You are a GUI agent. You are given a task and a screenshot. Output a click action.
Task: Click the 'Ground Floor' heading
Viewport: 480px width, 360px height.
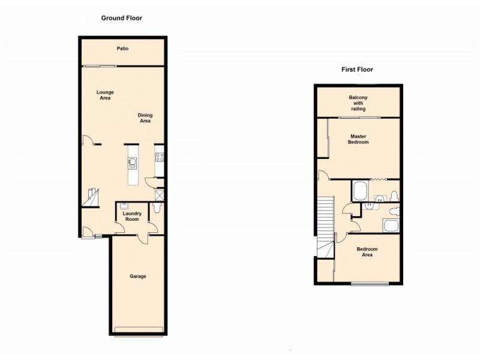(121, 18)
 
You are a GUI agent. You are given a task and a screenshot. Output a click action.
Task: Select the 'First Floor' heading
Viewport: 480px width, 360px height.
(357, 70)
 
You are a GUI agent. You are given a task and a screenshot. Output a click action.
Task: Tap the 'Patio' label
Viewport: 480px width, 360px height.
(122, 49)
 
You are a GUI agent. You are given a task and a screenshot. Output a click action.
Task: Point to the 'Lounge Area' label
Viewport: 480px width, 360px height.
(106, 95)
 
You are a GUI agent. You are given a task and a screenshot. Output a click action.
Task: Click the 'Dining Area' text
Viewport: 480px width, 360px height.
(145, 118)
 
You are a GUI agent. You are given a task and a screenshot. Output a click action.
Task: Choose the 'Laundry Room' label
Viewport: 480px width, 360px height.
(131, 216)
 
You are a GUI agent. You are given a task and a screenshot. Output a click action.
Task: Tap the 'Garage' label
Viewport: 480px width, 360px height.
(138, 277)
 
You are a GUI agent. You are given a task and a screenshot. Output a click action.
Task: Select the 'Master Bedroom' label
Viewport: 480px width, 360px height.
(359, 139)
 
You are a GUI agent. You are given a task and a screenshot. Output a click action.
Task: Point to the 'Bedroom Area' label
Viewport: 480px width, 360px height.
(367, 252)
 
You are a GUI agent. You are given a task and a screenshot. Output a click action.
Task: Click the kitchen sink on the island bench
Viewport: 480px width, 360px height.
(133, 162)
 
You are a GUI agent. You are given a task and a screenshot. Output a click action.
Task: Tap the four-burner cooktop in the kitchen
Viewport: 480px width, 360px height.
(160, 158)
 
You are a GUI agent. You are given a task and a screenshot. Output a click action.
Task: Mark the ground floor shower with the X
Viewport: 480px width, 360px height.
(159, 194)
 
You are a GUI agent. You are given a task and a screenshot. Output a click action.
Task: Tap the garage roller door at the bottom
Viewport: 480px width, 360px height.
(139, 328)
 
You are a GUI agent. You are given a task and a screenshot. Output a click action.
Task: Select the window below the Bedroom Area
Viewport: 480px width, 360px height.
(369, 283)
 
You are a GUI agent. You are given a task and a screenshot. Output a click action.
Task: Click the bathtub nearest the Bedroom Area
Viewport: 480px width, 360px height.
(390, 227)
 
